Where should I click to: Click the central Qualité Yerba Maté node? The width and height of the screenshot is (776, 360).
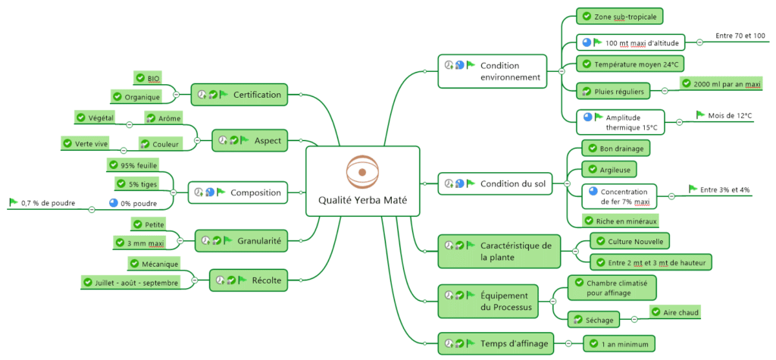361,181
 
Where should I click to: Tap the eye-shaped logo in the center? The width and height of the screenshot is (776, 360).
361,172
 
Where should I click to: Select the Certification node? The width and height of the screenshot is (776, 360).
239,95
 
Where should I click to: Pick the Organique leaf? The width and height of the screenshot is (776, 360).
136,96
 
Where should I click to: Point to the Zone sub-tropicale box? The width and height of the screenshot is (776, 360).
621,16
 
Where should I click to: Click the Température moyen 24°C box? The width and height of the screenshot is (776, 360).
628,64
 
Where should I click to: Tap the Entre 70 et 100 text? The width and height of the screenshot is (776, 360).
740,36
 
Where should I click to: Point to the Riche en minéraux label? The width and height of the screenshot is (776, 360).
621,221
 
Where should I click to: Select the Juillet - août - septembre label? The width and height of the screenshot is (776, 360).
130,282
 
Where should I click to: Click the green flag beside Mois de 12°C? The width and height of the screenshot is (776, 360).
700,115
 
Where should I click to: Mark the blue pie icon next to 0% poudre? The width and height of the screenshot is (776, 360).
114,203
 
